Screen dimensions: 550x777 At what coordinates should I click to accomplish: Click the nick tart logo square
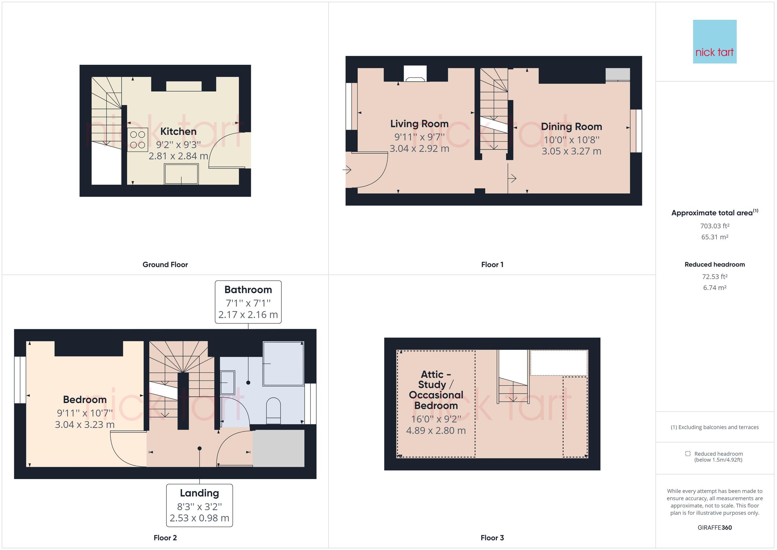715,42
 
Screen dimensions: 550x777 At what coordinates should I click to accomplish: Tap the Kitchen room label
178,132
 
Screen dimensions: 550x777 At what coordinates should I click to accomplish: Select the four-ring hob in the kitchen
138,140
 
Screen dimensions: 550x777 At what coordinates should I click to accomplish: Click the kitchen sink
181,174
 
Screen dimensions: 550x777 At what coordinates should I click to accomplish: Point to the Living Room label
419,124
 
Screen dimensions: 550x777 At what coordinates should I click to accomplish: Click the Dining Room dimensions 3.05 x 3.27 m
571,151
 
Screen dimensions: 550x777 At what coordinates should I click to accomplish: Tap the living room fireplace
415,74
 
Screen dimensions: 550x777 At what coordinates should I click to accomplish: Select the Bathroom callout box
248,302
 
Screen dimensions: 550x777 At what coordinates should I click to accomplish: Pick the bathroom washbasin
228,382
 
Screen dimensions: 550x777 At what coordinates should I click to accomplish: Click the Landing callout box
199,505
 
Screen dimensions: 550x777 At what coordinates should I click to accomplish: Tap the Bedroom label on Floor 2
84,400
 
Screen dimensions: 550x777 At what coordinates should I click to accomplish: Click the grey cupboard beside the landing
278,448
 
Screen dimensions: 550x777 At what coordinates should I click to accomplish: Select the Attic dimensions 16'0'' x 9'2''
436,419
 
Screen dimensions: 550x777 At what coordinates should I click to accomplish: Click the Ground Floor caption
165,265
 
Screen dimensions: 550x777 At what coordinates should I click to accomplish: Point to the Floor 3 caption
492,537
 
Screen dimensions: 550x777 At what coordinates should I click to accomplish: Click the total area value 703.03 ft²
715,226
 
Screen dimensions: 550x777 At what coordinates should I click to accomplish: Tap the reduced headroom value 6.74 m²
715,288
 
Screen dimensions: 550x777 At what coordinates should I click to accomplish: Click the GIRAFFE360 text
715,527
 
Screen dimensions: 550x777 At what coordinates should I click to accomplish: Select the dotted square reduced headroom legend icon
688,453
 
